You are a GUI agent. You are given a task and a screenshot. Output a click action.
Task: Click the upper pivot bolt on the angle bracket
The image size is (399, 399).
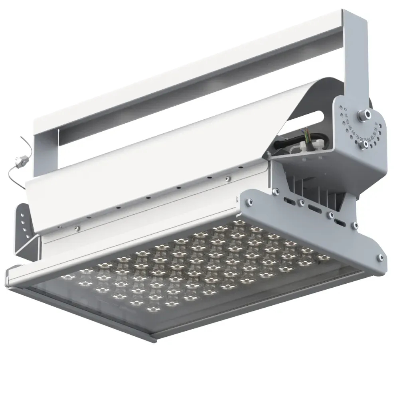pyautogui.click(x=363, y=115)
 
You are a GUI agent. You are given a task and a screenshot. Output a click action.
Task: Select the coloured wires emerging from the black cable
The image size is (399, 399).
pyautogui.click(x=306, y=135)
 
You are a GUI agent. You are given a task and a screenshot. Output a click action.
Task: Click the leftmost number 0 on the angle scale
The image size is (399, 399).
pyautogui.click(x=346, y=109)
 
